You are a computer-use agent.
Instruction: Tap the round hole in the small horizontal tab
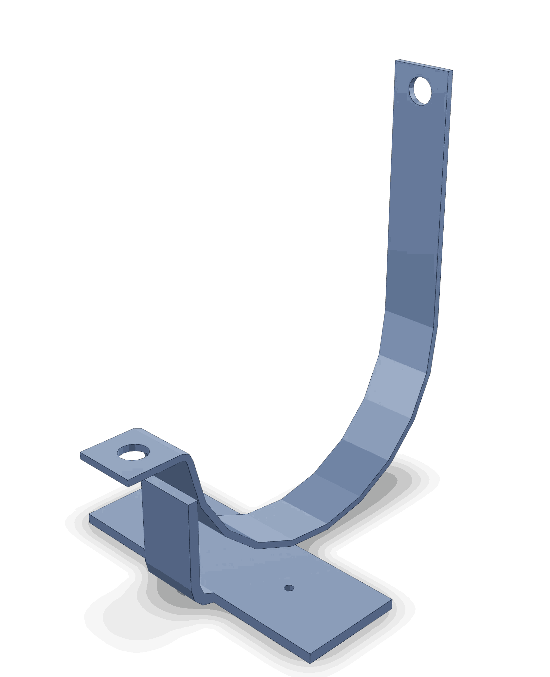pyautogui.click(x=133, y=452)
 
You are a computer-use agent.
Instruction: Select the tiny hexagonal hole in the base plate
pyautogui.click(x=288, y=588)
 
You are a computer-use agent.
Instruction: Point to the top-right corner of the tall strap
pyautogui.click(x=453, y=70)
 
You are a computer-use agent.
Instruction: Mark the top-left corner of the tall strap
pyautogui.click(x=396, y=60)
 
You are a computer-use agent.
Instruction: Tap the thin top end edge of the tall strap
pyautogui.click(x=424, y=65)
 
